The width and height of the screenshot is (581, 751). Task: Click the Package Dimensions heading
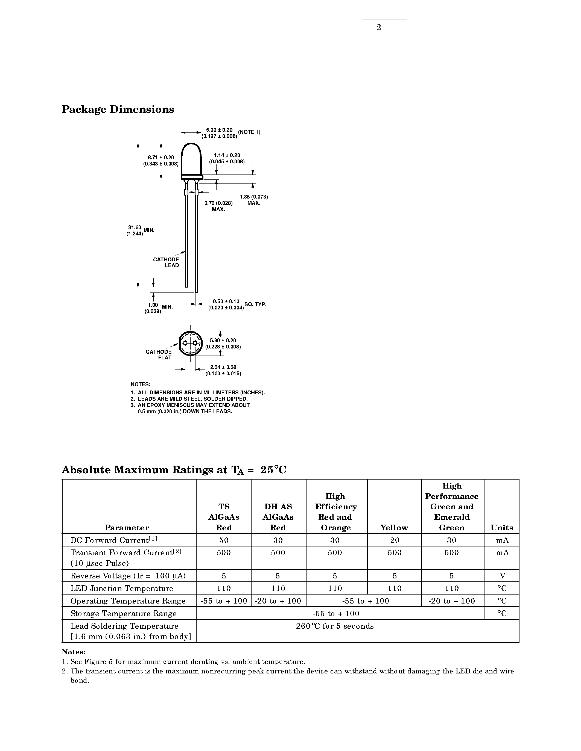(118, 109)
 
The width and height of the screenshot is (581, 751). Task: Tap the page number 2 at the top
(378, 28)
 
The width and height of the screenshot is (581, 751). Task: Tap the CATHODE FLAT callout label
(159, 354)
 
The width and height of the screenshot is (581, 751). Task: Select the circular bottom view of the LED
(190, 344)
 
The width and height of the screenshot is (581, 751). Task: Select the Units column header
(501, 528)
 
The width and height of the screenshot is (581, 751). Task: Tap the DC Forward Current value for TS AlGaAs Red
(224, 540)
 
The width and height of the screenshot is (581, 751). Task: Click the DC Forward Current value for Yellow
(395, 540)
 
